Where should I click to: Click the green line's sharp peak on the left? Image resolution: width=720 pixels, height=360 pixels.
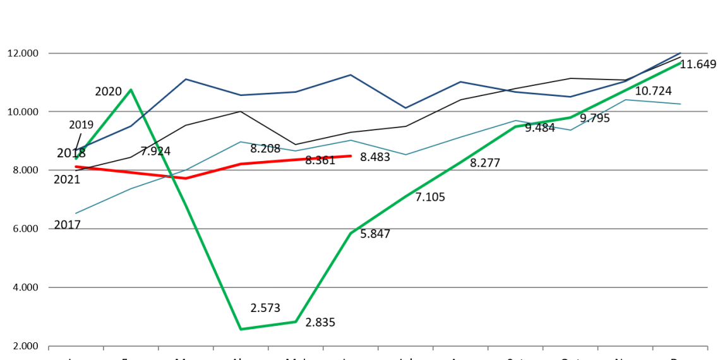point(131,90)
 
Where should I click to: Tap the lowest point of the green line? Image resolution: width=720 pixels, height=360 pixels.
point(241,329)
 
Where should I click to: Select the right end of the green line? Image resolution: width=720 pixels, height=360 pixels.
point(680,63)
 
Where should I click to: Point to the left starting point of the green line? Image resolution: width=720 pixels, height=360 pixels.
point(76,159)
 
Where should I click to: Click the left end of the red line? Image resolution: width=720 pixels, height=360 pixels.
point(76,167)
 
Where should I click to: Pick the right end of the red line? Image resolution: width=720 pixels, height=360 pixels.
point(351,155)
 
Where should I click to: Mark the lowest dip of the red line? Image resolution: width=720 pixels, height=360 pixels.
point(186,178)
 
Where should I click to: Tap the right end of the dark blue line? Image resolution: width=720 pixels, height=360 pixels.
point(680,52)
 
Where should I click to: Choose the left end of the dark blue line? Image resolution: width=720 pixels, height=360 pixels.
point(77,150)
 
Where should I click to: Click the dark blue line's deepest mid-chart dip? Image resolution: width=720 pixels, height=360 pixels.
point(405,108)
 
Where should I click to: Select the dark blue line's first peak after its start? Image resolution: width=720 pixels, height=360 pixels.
point(186,79)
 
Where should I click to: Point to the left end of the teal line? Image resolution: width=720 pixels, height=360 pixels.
point(76,213)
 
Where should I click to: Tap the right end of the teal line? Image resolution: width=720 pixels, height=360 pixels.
point(680,104)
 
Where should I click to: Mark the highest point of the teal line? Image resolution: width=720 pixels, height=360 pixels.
point(625,100)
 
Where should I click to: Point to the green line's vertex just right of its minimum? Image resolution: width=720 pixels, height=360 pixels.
point(296,322)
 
